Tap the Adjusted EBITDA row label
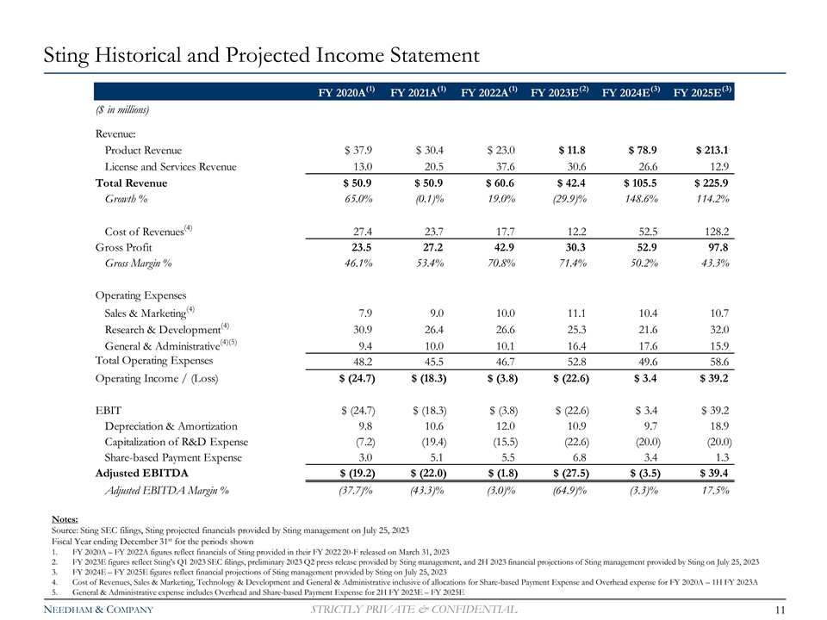click(140, 473)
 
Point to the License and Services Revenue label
click(170, 166)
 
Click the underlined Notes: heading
click(65, 518)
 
